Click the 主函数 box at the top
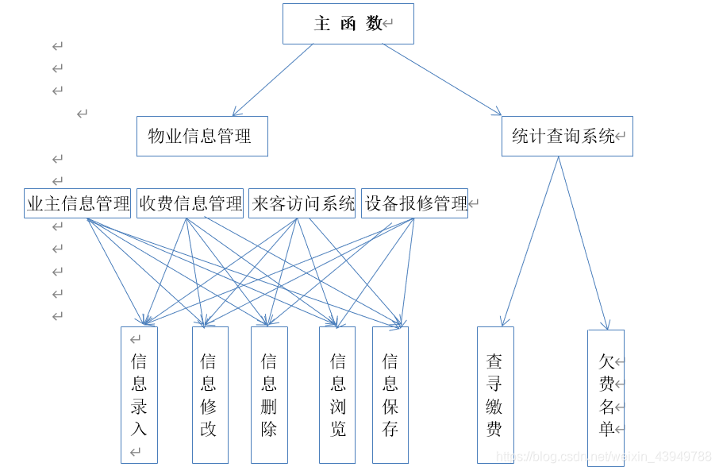pos(348,24)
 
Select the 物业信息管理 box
pos(202,137)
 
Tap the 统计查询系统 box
pos(567,137)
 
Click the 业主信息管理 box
pos(78,203)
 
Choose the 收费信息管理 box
pos(190,203)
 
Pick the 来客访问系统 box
pos(302,203)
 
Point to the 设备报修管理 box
pos(414,203)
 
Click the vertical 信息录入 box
pos(139,395)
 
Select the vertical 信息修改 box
pos(210,395)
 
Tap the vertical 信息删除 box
pos(269,395)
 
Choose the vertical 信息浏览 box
pos(337,395)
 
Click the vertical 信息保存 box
pos(390,395)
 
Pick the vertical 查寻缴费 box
pos(494,395)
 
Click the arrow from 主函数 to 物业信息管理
pos(272,79)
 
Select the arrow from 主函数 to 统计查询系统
pos(442,79)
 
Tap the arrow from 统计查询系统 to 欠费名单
pos(583,243)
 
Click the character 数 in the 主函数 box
pos(374,24)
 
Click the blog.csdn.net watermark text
pos(603,457)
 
